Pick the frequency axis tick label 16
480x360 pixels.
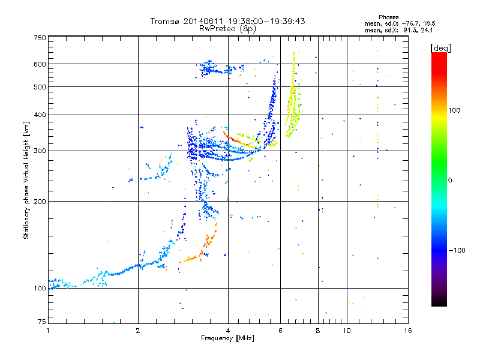click(407, 330)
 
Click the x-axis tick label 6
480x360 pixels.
click(280, 330)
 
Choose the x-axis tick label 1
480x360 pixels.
click(49, 330)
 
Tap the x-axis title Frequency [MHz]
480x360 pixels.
click(228, 338)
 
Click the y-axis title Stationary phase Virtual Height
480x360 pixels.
click(26, 179)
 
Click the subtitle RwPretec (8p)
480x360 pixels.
click(227, 28)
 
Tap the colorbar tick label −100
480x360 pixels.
click(458, 250)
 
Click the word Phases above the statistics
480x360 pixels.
click(389, 17)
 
